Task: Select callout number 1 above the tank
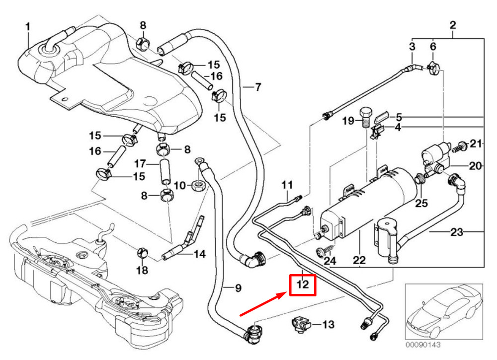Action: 28,26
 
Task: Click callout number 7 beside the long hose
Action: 257,87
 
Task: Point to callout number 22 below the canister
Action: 359,260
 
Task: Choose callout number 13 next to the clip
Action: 329,325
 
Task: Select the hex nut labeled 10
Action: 198,186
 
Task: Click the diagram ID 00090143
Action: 422,344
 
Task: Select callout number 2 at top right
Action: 453,24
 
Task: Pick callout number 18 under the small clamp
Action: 142,270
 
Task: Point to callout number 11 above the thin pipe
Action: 287,186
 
